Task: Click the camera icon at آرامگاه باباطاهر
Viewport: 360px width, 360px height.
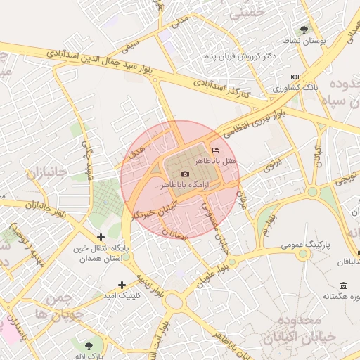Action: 185,174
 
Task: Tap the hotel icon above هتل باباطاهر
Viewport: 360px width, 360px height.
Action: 215,150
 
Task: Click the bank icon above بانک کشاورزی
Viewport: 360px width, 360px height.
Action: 294,77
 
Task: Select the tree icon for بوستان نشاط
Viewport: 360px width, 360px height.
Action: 304,30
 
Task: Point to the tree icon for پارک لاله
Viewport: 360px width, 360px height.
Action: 89,345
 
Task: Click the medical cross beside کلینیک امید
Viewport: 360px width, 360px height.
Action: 122,285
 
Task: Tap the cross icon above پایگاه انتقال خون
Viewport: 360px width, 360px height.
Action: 101,238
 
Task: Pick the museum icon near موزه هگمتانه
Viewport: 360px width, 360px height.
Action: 343,285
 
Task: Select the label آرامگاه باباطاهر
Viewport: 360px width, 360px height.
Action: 185,185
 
